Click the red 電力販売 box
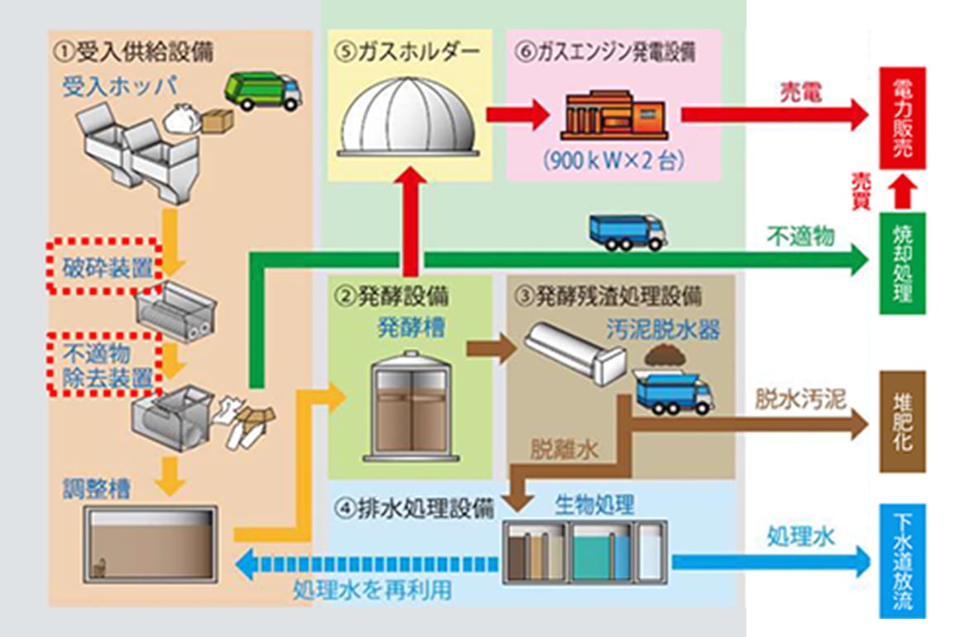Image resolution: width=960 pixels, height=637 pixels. (x=902, y=118)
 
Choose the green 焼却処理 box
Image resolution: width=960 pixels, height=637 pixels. (x=902, y=263)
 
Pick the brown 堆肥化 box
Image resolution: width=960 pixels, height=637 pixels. (x=902, y=422)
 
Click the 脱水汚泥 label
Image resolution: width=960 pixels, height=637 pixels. (x=799, y=400)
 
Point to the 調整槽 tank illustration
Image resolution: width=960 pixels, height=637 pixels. (x=153, y=542)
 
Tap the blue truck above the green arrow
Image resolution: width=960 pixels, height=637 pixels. (x=626, y=232)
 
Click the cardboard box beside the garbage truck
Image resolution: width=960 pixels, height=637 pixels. (x=218, y=121)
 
